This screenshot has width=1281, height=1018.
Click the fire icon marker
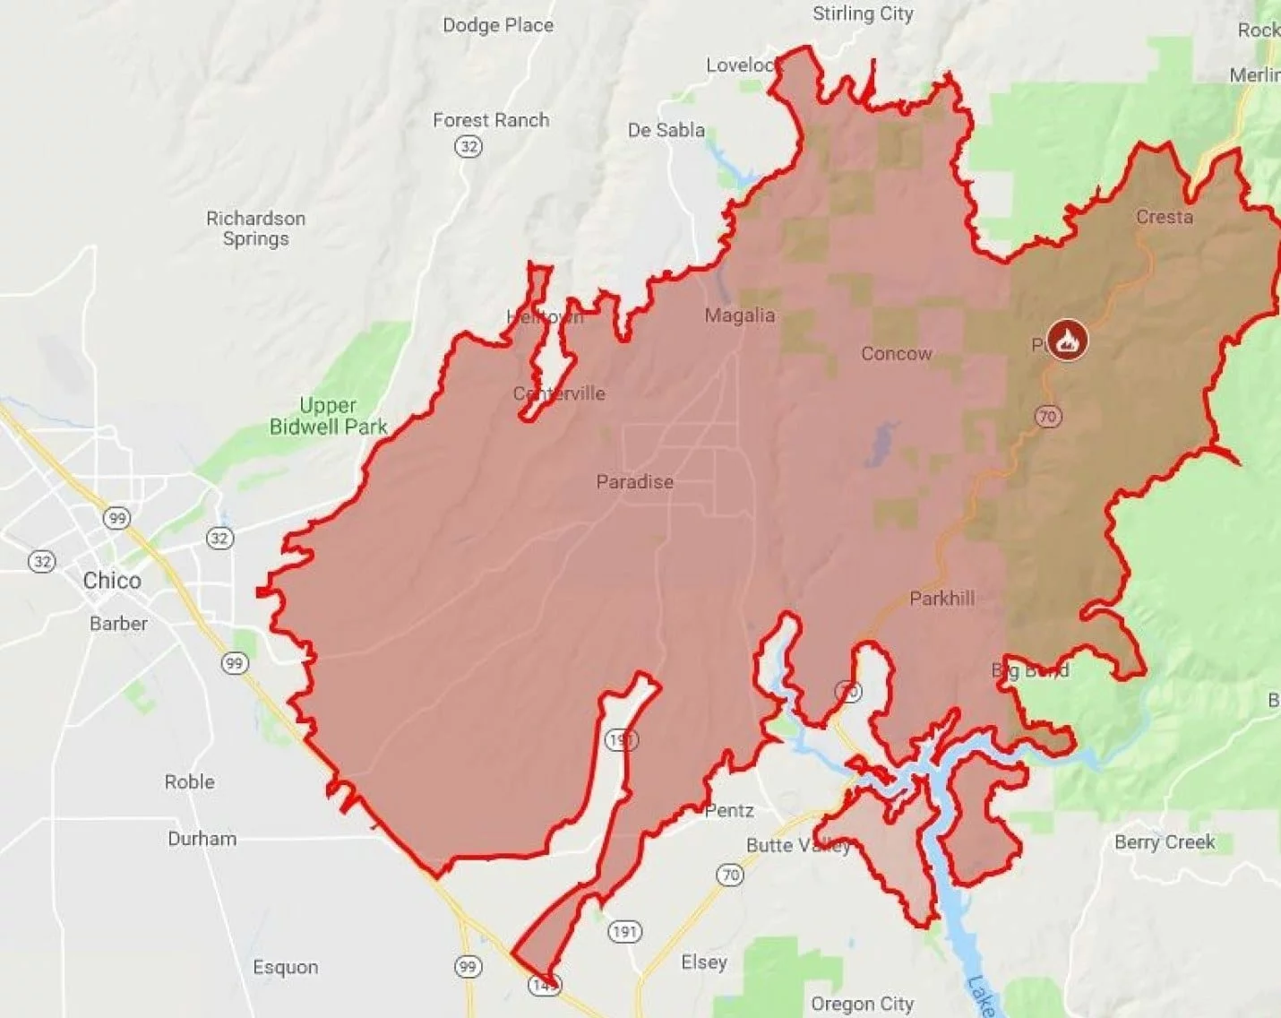click(1066, 341)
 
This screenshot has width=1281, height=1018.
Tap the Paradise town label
click(634, 482)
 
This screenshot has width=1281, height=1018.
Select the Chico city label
click(112, 581)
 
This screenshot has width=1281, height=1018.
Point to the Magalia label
click(739, 315)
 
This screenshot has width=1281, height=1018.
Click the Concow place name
click(896, 354)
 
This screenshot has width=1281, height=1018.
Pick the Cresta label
click(1164, 217)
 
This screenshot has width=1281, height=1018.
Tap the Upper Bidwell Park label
click(329, 417)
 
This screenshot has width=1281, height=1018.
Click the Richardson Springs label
click(256, 229)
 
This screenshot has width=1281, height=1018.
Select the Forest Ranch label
click(491, 120)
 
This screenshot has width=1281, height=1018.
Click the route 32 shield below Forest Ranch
click(469, 146)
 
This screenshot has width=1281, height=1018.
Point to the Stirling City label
click(863, 13)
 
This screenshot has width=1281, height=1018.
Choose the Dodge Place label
click(498, 25)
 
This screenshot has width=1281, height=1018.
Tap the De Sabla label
click(666, 131)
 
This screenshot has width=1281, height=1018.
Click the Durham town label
click(202, 839)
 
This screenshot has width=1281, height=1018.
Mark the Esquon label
click(285, 967)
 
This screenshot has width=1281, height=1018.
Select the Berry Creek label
click(1164, 842)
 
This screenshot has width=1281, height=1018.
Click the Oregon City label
click(862, 1004)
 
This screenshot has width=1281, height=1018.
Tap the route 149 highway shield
click(544, 985)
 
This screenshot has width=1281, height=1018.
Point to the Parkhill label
click(941, 599)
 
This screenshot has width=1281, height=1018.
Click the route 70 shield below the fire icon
click(1047, 417)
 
